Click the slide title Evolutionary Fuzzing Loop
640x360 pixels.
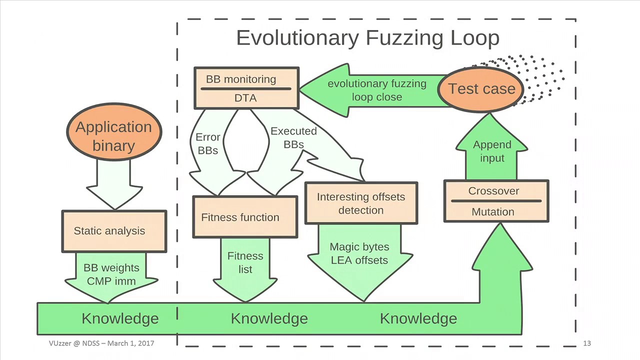coord(367,38)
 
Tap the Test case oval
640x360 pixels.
coord(481,89)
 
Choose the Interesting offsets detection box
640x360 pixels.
coord(360,203)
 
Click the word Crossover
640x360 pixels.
coord(493,191)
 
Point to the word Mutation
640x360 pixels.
coord(492,212)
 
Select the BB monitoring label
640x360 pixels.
coord(241,79)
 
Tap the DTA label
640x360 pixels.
coord(245,98)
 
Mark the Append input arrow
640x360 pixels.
coord(492,151)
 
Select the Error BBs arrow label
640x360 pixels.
coord(207,143)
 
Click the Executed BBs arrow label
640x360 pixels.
coord(293,137)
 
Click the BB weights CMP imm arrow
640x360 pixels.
coord(111,275)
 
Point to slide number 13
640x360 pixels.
coord(587,343)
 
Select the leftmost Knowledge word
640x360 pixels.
coord(120,318)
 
